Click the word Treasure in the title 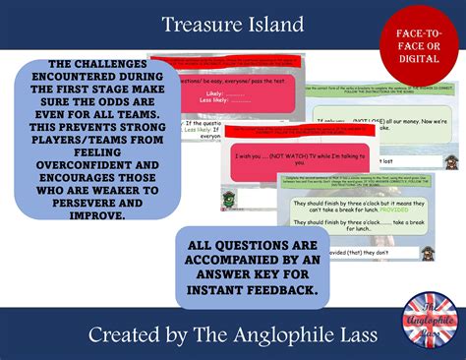click(x=196, y=25)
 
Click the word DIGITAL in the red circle click(x=418, y=58)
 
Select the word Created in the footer click(x=120, y=334)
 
